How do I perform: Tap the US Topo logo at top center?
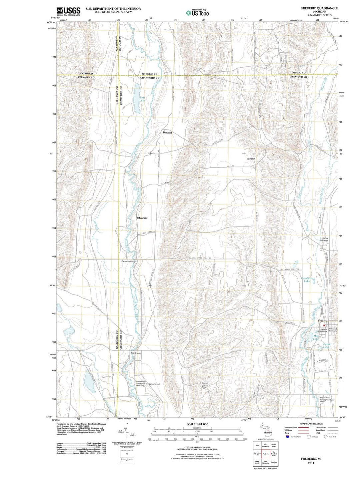(197, 13)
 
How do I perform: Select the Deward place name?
(167, 133)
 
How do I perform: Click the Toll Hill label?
(251, 159)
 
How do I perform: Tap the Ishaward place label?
(142, 218)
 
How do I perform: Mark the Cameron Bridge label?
(129, 262)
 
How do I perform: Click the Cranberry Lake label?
(307, 280)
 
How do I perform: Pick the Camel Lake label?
(326, 346)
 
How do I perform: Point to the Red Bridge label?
(135, 353)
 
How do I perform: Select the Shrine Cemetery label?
(325, 239)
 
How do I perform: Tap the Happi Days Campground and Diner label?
(327, 400)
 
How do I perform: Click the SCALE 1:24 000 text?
(197, 424)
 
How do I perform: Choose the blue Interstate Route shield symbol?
(288, 436)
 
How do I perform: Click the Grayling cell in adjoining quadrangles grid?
(274, 462)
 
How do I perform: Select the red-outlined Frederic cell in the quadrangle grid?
(266, 454)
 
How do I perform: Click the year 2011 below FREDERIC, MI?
(311, 463)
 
